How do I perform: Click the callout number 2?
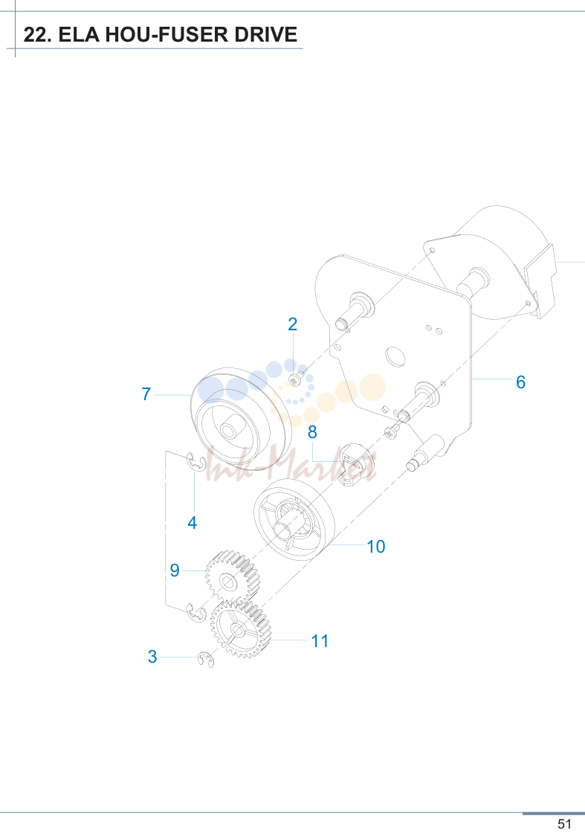click(x=293, y=324)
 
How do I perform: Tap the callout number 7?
click(x=146, y=394)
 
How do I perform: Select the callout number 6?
click(x=520, y=382)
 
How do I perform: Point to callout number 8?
click(x=312, y=432)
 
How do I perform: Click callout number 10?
click(x=376, y=546)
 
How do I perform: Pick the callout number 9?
click(x=175, y=570)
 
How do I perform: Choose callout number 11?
click(x=320, y=640)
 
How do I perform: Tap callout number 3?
click(x=152, y=657)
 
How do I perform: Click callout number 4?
click(x=193, y=522)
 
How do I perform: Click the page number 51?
click(x=564, y=824)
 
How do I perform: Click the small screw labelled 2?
click(x=295, y=379)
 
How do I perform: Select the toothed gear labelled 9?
click(x=231, y=577)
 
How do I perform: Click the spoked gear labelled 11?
click(x=240, y=629)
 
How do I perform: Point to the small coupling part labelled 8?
click(x=356, y=463)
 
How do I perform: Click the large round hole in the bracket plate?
click(x=395, y=356)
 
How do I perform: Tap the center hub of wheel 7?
click(x=230, y=431)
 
